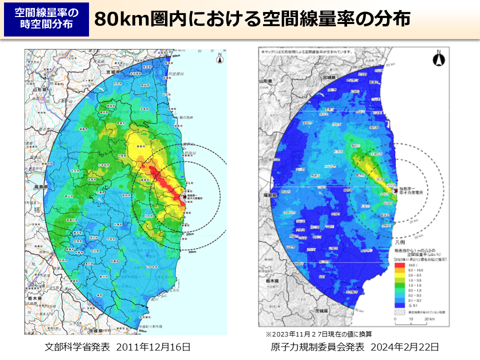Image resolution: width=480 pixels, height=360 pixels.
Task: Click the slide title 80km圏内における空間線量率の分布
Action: (252, 19)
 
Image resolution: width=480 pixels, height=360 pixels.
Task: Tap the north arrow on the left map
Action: (219, 58)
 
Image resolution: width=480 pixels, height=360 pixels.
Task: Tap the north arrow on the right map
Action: (438, 59)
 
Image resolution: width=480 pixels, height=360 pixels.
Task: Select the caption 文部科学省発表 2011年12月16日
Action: (117, 346)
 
